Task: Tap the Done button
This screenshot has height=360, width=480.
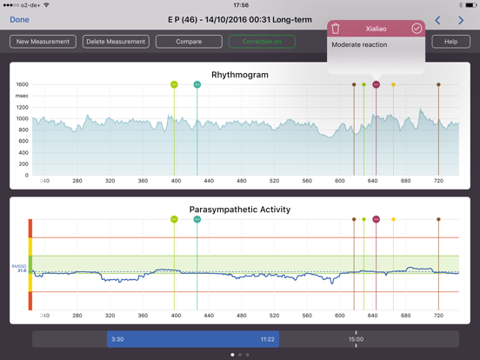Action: pyautogui.click(x=19, y=19)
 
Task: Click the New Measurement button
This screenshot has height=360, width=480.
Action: pyautogui.click(x=43, y=42)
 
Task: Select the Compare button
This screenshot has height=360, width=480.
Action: pyautogui.click(x=189, y=42)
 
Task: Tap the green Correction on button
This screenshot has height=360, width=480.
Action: pyautogui.click(x=262, y=42)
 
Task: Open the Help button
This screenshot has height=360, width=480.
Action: pyautogui.click(x=450, y=42)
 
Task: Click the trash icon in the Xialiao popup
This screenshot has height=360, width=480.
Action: pyautogui.click(x=336, y=29)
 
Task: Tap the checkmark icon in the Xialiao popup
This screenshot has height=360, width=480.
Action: pyautogui.click(x=417, y=29)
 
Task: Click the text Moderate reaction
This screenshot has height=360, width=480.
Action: pyautogui.click(x=359, y=44)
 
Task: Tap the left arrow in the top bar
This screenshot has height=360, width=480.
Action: pyautogui.click(x=437, y=19)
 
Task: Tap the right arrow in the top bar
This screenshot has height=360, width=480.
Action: pyautogui.click(x=461, y=19)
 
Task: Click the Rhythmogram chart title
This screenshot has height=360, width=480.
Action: pyautogui.click(x=239, y=75)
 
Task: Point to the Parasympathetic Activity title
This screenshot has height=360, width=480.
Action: pyautogui.click(x=239, y=210)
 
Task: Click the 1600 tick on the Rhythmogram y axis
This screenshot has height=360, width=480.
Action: pyautogui.click(x=22, y=84)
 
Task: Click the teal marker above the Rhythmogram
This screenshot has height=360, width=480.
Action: pyautogui.click(x=197, y=84)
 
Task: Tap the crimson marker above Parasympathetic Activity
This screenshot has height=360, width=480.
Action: pyautogui.click(x=377, y=219)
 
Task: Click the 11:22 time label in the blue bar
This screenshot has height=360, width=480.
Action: pyautogui.click(x=267, y=339)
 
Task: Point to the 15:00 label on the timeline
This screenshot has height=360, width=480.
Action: pyautogui.click(x=357, y=339)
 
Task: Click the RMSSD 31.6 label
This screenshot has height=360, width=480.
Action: pyautogui.click(x=20, y=269)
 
